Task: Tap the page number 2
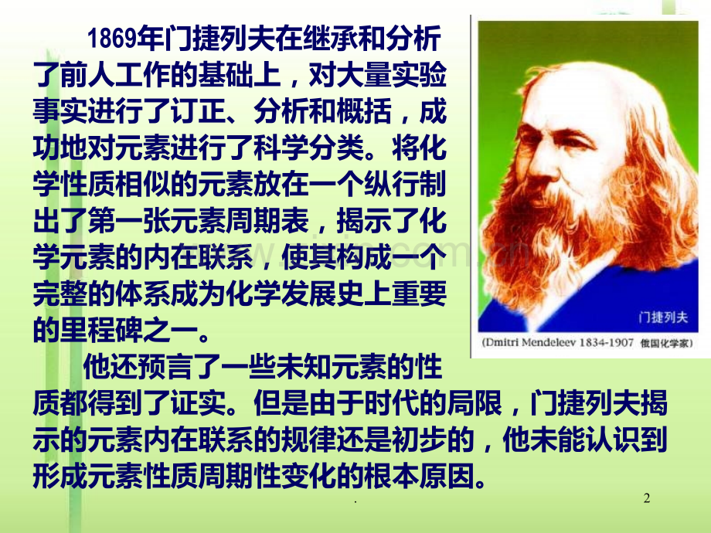point(648,499)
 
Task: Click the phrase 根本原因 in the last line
point(424,474)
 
